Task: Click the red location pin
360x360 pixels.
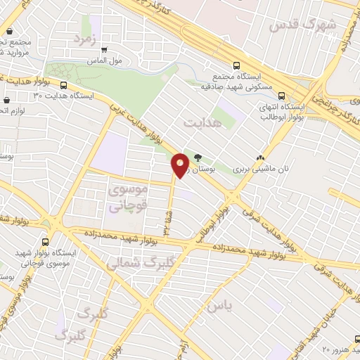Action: tap(181, 165)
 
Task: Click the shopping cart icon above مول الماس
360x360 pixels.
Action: tap(105, 50)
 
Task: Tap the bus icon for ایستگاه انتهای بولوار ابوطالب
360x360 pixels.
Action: tap(282, 96)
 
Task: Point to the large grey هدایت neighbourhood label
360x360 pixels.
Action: tap(202, 122)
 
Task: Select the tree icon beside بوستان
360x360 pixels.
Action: tap(198, 157)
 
